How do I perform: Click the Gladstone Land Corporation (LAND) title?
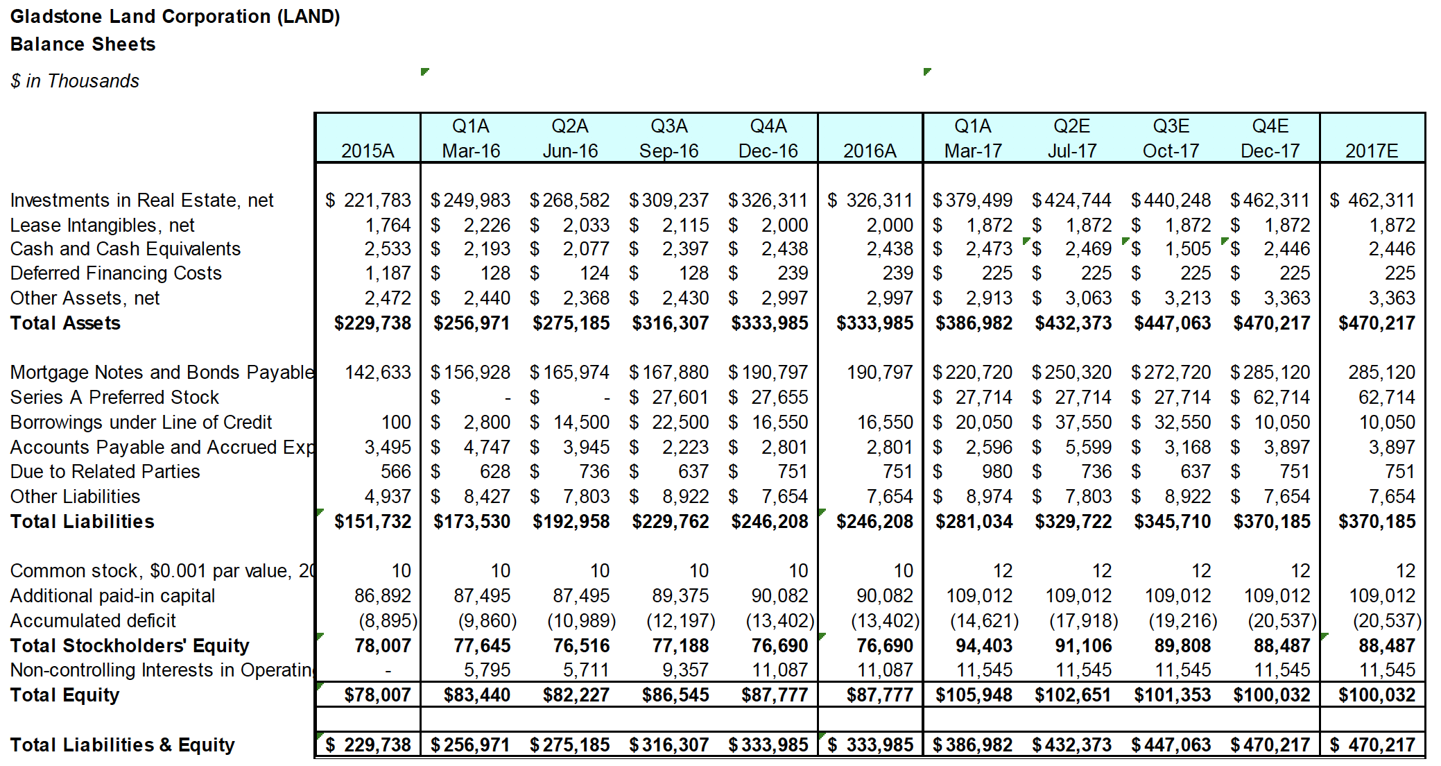[x=175, y=17]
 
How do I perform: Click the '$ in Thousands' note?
[x=75, y=81]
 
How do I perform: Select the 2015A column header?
[x=368, y=151]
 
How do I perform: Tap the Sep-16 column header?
[x=668, y=151]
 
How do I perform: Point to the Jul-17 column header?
[x=1072, y=151]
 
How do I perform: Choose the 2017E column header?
[x=1372, y=151]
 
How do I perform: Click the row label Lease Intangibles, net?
[x=102, y=225]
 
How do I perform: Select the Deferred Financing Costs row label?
[x=116, y=273]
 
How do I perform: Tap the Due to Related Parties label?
[x=105, y=472]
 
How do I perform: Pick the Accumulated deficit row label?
[x=93, y=621]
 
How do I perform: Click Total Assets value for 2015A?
[x=372, y=323]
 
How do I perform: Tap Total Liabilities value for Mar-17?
[x=974, y=522]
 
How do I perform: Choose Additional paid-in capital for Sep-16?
[x=680, y=596]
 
